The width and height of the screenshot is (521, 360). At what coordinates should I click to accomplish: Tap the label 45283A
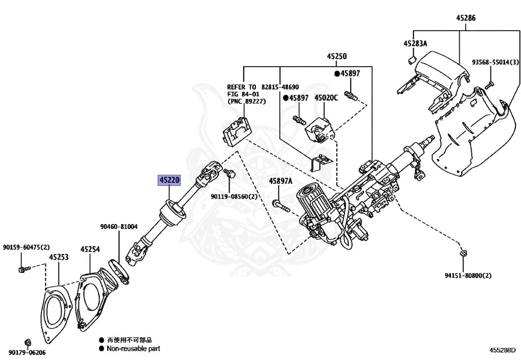click(415, 44)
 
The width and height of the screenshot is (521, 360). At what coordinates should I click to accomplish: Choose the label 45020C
click(326, 97)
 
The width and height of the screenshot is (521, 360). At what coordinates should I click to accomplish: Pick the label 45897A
click(281, 181)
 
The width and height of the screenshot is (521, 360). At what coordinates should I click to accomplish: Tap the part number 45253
click(59, 258)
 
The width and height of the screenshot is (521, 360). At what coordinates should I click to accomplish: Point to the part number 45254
click(90, 249)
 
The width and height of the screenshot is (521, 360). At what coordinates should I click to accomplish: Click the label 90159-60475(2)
click(26, 247)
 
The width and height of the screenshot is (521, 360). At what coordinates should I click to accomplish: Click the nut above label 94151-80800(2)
click(464, 253)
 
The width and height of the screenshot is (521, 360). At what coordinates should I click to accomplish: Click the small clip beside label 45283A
click(411, 61)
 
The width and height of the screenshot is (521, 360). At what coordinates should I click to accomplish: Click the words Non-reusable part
click(133, 349)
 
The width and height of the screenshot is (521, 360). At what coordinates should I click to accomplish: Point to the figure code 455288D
click(502, 350)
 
